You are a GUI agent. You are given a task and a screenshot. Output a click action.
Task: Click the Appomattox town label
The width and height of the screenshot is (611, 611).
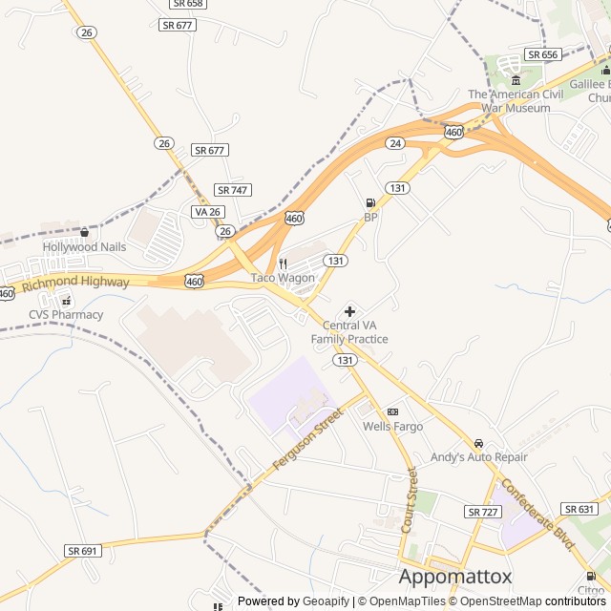click(455, 577)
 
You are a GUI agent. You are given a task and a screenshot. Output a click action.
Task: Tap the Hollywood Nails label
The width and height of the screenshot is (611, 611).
click(84, 247)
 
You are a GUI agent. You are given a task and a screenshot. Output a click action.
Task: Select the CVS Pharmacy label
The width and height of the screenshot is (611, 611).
click(65, 314)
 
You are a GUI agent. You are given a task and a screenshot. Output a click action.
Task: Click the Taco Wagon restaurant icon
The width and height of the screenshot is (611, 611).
click(283, 263)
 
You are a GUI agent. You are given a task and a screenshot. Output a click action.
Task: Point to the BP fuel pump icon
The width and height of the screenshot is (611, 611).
click(370, 202)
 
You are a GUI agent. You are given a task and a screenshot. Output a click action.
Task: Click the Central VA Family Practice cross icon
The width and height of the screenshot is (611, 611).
click(349, 311)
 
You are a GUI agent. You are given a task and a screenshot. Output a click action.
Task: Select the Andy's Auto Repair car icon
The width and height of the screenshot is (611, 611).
click(478, 443)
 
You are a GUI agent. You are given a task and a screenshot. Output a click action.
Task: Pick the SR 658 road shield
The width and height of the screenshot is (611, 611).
click(188, 4)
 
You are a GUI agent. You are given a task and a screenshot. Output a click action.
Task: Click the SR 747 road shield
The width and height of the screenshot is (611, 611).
click(232, 190)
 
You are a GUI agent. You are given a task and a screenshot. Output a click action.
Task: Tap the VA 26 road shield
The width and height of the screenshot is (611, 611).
click(207, 211)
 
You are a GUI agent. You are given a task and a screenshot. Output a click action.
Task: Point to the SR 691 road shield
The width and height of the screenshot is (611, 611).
click(83, 551)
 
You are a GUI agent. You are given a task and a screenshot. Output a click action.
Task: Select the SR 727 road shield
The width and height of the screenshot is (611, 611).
click(483, 513)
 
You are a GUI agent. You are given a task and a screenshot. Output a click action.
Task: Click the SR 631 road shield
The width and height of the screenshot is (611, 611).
click(579, 509)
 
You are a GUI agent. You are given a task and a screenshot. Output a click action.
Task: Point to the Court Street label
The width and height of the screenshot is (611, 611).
click(409, 500)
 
